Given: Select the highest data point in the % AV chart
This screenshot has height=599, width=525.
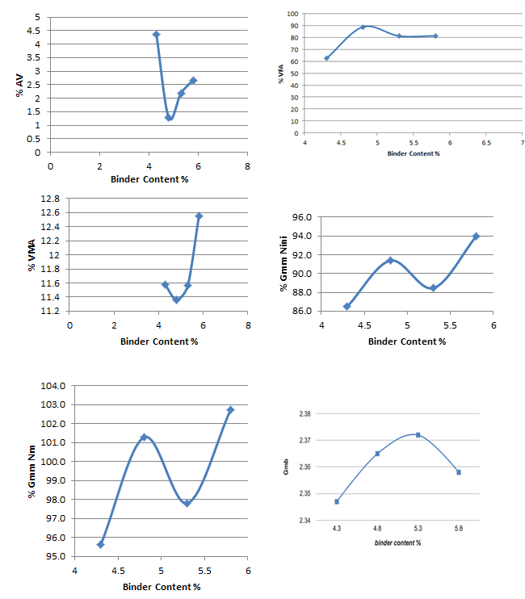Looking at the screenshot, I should [156, 35].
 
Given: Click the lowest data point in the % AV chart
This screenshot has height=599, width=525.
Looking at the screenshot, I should [168, 118].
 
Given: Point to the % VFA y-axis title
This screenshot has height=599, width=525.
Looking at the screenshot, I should [282, 73].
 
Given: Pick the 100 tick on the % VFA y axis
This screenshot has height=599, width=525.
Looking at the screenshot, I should [293, 14].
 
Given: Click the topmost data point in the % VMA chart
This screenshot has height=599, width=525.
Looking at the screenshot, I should [199, 216].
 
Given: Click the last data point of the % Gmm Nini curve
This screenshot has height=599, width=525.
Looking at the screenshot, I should [476, 237].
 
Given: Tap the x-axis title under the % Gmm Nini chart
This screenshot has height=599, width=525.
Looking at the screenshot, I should [407, 341].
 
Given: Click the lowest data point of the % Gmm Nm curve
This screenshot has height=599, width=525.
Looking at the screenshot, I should [100, 545].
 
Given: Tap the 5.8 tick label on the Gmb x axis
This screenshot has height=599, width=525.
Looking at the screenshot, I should [459, 529].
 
